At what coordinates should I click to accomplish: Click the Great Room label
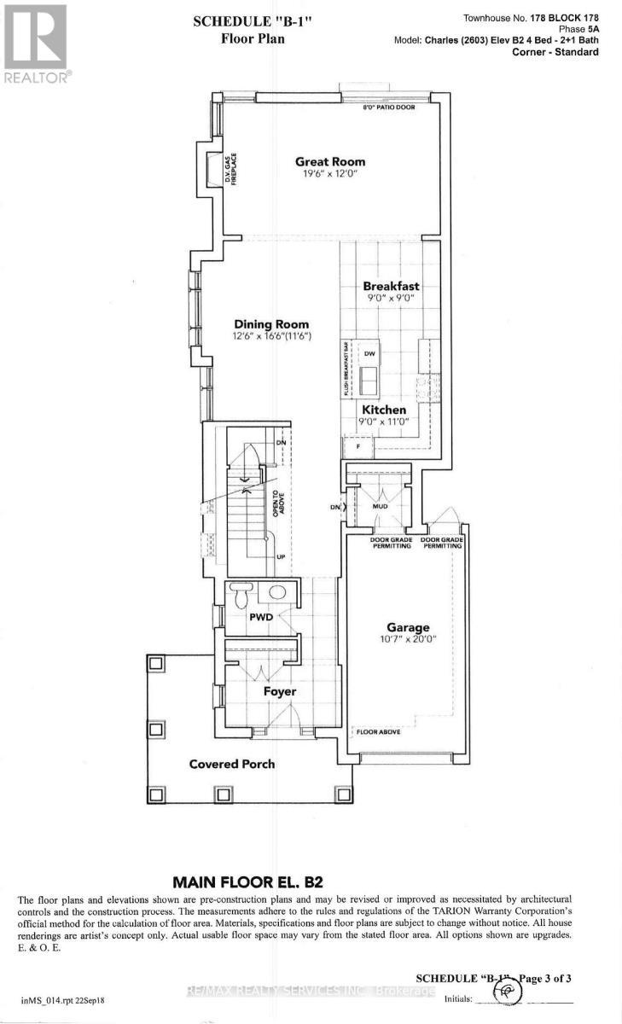[329, 161]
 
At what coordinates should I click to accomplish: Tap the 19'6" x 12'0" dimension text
[329, 175]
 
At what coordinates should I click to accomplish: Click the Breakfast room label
[389, 287]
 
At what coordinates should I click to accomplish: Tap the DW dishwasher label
[369, 353]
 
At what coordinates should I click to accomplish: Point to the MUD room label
[381, 507]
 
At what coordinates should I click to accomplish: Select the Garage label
[405, 627]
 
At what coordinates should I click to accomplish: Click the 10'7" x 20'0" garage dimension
[405, 641]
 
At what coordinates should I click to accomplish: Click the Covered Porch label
[231, 764]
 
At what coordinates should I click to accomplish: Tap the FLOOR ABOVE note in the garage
[378, 731]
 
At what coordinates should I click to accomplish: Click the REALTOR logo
[35, 43]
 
